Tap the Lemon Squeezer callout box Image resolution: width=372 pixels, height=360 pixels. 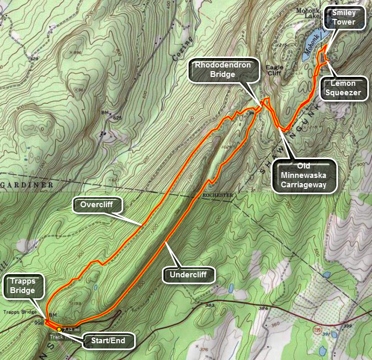pos(343,88)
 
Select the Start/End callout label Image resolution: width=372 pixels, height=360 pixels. pos(109,341)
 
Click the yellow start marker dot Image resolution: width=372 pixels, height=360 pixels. pos(59,330)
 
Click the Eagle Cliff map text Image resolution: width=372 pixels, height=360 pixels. pos(274,70)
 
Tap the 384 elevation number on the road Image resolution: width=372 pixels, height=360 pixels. pos(262,308)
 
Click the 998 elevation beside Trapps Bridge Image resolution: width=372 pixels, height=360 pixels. pos(39,323)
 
